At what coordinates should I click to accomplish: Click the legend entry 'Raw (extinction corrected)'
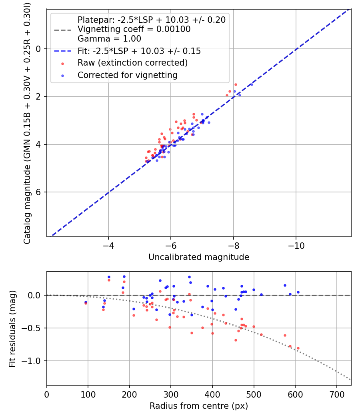tap(132, 63)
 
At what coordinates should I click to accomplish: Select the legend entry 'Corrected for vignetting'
tap(127, 75)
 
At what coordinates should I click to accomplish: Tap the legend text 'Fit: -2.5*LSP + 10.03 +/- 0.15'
tap(139, 51)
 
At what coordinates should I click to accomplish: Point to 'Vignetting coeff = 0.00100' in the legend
tap(134, 29)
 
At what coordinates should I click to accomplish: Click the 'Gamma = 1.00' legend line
tap(109, 39)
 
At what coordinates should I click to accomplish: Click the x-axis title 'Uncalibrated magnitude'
tap(199, 257)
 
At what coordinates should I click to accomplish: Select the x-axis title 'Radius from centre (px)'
tap(199, 406)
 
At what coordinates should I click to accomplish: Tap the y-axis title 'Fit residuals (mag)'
tap(12, 328)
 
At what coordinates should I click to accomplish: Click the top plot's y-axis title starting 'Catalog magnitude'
tap(27, 122)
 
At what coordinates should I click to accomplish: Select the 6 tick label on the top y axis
tap(39, 192)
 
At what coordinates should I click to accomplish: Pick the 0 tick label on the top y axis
tap(39, 49)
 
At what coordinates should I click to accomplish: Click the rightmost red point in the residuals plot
tap(298, 348)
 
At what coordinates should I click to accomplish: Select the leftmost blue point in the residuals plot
tap(86, 302)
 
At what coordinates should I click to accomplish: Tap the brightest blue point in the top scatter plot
tap(251, 84)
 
